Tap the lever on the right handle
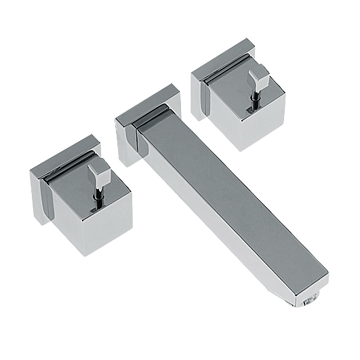[258, 80]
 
